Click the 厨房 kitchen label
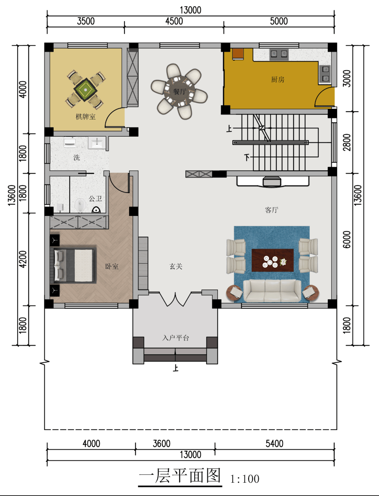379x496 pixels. (x=278, y=80)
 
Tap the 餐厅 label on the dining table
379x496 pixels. (x=180, y=91)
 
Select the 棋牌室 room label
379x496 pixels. (x=86, y=117)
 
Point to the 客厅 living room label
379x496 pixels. (x=271, y=210)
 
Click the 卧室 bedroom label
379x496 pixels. (x=112, y=266)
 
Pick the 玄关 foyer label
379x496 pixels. (x=176, y=266)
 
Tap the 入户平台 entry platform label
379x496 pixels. (x=175, y=338)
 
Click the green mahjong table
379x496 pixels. (x=86, y=90)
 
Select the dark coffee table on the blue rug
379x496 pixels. (x=272, y=260)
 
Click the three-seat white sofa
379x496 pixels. (x=272, y=291)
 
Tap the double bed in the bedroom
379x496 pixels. (x=73, y=265)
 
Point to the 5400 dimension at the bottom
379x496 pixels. (x=274, y=443)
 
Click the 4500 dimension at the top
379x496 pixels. (x=174, y=21)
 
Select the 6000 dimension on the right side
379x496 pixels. (x=347, y=239)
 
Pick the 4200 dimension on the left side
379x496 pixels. (x=23, y=259)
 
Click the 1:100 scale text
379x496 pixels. (x=245, y=479)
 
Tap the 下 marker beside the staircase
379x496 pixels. (x=247, y=157)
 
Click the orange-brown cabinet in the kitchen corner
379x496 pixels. (x=238, y=54)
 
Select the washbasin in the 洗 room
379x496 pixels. (x=97, y=143)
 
